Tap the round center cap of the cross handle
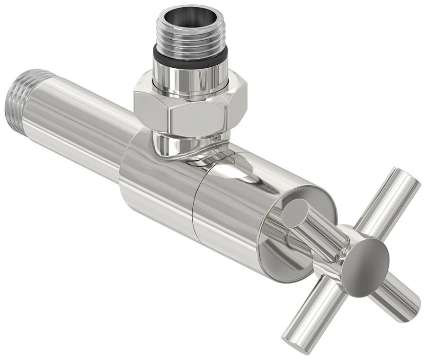[x=365, y=260]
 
